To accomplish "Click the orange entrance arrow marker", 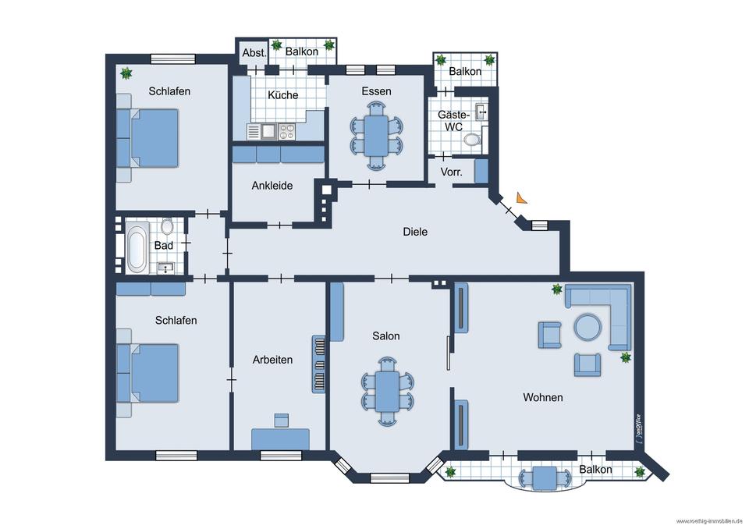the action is pos(521,198).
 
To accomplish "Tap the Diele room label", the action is pos(415,232).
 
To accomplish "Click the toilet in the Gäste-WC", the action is pos(472,140).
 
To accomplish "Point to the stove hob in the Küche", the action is pos(286,131).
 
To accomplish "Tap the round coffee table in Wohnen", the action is pos(587,327).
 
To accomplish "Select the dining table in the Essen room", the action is pos(377,136).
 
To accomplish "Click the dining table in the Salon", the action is pos(387,392).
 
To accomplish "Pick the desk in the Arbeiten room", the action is pos(280,439).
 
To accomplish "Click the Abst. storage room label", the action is pos(254,53).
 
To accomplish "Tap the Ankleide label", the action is pos(272,186).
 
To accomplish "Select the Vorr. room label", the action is pos(452,172).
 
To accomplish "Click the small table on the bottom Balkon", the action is pos(545,478).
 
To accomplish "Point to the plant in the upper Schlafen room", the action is pos(126,73).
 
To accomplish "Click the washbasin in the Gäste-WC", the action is pos(481,112).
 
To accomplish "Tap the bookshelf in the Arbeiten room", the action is pos(318,364).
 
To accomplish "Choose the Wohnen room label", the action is pos(543,397).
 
